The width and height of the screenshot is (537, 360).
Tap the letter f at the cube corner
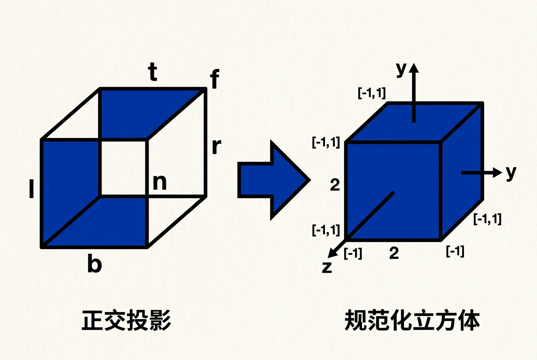pyautogui.click(x=215, y=79)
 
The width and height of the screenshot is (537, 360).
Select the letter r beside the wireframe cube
pyautogui.click(x=217, y=146)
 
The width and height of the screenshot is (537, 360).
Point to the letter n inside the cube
pyautogui.click(x=160, y=183)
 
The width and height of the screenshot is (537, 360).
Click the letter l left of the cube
pyautogui.click(x=31, y=189)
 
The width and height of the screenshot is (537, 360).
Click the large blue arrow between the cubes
pyautogui.click(x=274, y=180)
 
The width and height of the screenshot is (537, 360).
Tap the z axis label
pyautogui.click(x=327, y=267)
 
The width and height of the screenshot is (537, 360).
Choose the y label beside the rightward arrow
pyautogui.click(x=511, y=173)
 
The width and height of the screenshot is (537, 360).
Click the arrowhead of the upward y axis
pyautogui.click(x=414, y=68)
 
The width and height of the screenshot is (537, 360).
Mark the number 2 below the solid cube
pyautogui.click(x=394, y=253)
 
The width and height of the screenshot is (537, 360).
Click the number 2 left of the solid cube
pyautogui.click(x=335, y=185)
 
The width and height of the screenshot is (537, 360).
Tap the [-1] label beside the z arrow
pyautogui.click(x=353, y=253)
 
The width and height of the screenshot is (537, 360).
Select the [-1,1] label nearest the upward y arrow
pyautogui.click(x=372, y=93)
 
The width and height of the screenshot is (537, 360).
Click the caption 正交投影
pyautogui.click(x=126, y=321)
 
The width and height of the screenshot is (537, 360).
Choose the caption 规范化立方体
pyautogui.click(x=413, y=321)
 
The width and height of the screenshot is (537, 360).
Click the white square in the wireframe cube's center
pyautogui.click(x=123, y=168)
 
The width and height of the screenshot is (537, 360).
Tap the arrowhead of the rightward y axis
pyautogui.click(x=497, y=172)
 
